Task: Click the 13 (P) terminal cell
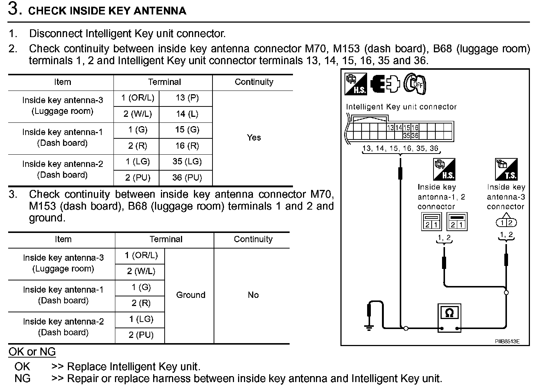[x=187, y=98]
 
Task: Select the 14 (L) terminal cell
[x=187, y=114]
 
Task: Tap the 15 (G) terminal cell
[x=187, y=130]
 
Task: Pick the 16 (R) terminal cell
[x=187, y=146]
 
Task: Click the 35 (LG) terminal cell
[x=187, y=162]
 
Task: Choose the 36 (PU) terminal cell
[x=187, y=178]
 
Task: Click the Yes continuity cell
[x=254, y=138]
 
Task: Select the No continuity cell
[x=253, y=295]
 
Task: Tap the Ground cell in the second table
[x=191, y=295]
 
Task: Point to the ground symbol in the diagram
[x=369, y=326]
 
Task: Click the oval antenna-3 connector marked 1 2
[x=506, y=223]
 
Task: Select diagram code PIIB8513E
[x=507, y=341]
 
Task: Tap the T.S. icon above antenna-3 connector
[x=506, y=169]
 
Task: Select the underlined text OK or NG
[x=32, y=352]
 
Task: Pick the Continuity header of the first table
[x=254, y=82]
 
